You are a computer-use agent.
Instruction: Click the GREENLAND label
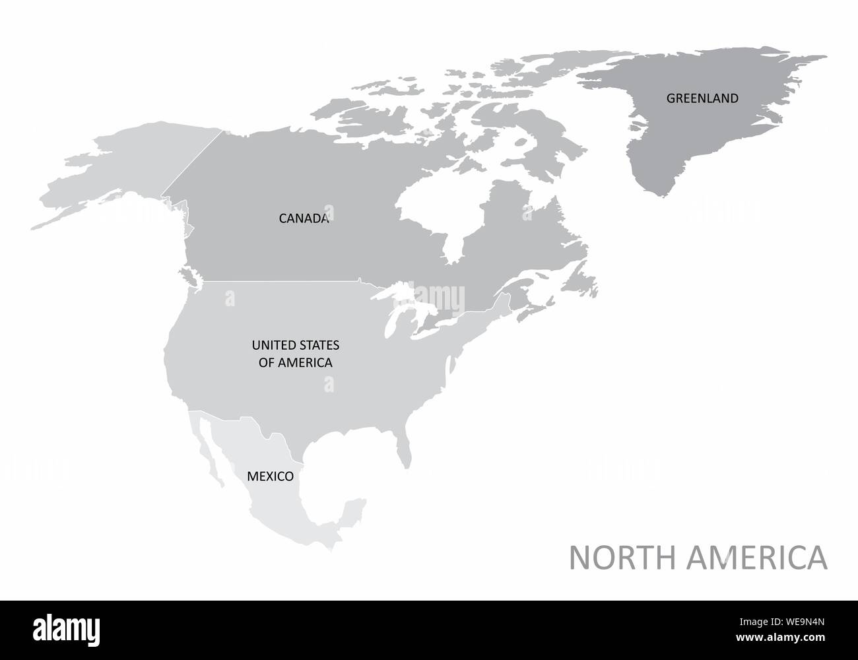point(702,98)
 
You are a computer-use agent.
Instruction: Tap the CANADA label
point(304,218)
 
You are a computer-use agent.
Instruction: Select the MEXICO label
point(269,475)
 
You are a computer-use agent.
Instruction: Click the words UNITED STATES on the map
point(295,345)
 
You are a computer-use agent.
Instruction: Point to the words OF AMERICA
point(295,362)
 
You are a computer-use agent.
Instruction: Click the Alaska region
point(132,172)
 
